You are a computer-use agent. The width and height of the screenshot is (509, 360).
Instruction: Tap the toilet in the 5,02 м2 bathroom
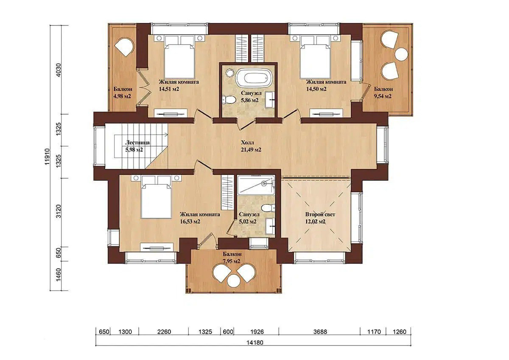[268, 208]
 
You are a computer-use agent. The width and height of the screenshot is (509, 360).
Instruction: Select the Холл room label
[247, 143]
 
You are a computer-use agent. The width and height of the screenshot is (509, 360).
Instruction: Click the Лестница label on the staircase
[137, 143]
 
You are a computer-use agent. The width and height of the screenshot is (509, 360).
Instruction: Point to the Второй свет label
[320, 214]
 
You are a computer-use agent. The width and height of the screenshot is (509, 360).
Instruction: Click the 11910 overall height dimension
[47, 157]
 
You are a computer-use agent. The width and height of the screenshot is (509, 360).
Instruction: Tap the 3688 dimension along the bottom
[320, 332]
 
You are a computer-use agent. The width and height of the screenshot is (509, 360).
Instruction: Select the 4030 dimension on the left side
[59, 70]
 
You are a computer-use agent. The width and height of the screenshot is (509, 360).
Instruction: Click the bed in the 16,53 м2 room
[156, 197]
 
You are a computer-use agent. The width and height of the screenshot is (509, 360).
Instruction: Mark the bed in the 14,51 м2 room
[179, 57]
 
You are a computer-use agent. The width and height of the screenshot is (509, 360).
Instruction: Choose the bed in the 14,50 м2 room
[315, 57]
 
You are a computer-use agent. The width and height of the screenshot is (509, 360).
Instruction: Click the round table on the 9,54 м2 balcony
[402, 54]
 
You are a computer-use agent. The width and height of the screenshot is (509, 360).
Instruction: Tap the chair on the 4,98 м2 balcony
[124, 48]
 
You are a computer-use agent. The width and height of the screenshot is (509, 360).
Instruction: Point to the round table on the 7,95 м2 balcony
[234, 281]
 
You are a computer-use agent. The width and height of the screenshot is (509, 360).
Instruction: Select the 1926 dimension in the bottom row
[257, 332]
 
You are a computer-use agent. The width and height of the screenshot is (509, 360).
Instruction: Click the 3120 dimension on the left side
[59, 211]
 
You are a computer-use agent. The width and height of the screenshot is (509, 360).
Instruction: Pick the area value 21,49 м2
[251, 149]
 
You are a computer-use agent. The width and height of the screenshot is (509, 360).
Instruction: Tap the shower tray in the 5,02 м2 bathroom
[256, 185]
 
